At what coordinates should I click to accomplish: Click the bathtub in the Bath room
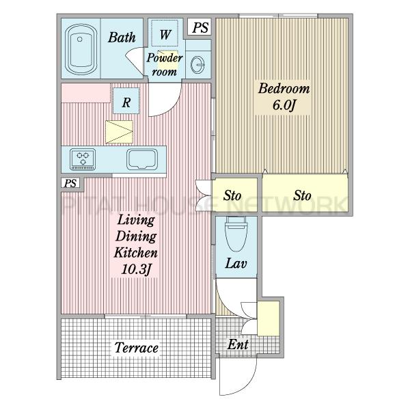[x=81, y=49]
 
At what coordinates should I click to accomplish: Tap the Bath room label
[x=122, y=37]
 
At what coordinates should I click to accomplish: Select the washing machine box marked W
[x=165, y=33]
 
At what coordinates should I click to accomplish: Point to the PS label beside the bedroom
[x=201, y=27]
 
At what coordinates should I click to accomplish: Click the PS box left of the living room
[x=70, y=183]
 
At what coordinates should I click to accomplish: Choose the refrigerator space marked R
[x=126, y=101]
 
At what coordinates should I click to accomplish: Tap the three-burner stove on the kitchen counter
[x=83, y=159]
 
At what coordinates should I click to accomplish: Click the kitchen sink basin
[x=142, y=159]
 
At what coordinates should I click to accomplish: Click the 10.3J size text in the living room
[x=136, y=269]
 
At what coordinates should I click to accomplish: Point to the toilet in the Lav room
[x=236, y=234]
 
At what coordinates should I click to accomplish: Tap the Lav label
[x=236, y=263]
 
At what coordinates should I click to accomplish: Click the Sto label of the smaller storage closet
[x=232, y=195]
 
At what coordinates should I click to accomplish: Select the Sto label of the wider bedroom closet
[x=302, y=195]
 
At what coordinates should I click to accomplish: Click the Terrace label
[x=136, y=348]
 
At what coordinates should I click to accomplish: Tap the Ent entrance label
[x=238, y=344]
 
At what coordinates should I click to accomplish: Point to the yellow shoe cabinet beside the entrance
[x=269, y=318]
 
